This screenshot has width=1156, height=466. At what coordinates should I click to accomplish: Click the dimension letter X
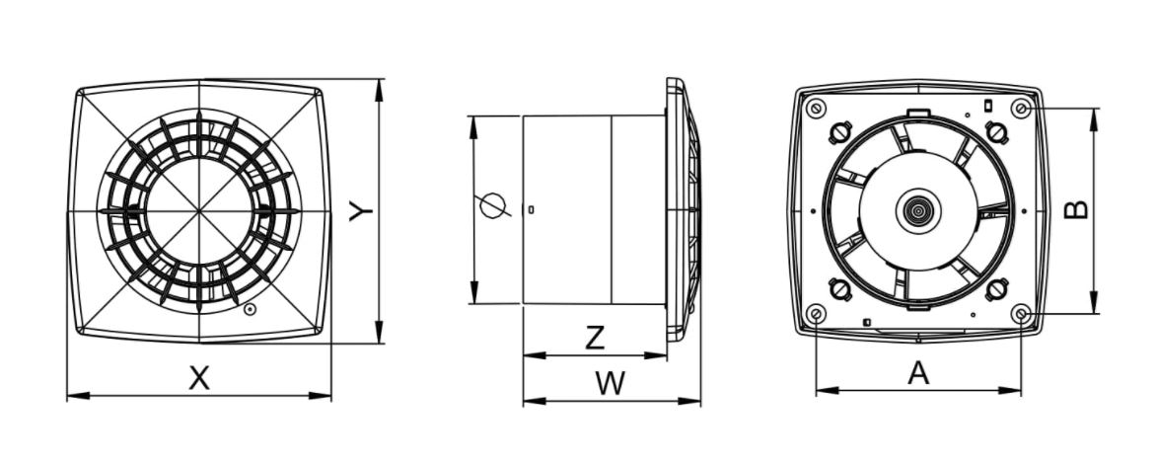199,378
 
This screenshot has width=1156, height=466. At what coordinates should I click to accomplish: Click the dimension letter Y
361,211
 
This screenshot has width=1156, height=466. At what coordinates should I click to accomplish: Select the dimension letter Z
595,338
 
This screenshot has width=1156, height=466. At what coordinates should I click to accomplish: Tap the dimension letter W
611,383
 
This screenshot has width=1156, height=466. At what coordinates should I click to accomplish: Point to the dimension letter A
918,373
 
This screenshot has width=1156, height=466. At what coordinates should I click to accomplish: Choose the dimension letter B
1076,209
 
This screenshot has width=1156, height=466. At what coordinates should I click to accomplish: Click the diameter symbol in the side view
493,205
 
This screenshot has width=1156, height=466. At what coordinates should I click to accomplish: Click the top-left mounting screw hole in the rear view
816,108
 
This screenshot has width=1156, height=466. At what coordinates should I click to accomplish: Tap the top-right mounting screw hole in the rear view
1020,109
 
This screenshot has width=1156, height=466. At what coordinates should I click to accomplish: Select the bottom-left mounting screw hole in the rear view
816,314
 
